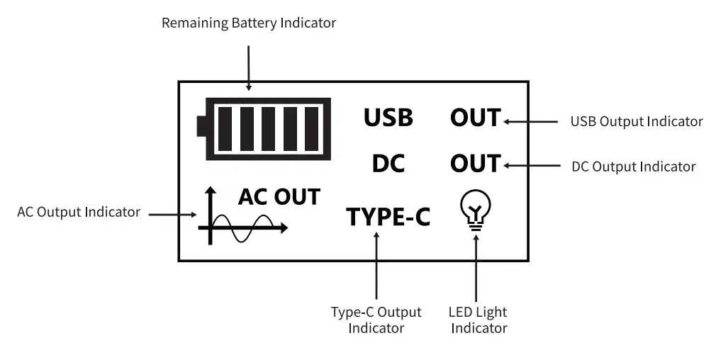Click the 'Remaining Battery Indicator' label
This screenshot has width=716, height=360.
[x=249, y=23]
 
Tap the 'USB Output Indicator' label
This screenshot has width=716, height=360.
[x=636, y=121]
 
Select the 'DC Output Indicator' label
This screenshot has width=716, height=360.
[x=633, y=167]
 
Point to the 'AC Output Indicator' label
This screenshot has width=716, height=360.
[x=79, y=212]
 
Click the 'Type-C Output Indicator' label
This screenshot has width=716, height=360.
[x=376, y=320]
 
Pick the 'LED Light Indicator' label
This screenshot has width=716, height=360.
[x=479, y=320]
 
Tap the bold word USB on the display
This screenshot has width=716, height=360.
[x=388, y=118]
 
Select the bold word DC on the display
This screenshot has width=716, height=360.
[x=388, y=164]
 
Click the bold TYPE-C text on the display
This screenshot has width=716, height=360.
[x=388, y=216]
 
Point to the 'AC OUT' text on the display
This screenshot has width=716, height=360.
[x=279, y=196]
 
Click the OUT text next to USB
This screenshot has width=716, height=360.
[x=475, y=118]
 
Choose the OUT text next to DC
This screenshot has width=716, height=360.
[x=475, y=164]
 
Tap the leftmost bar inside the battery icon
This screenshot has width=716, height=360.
[x=225, y=128]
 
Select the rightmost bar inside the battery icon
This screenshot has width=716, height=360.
[x=312, y=128]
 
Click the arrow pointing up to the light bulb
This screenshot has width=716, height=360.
[x=476, y=266]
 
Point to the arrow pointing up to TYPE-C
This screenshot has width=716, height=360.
[x=376, y=266]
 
